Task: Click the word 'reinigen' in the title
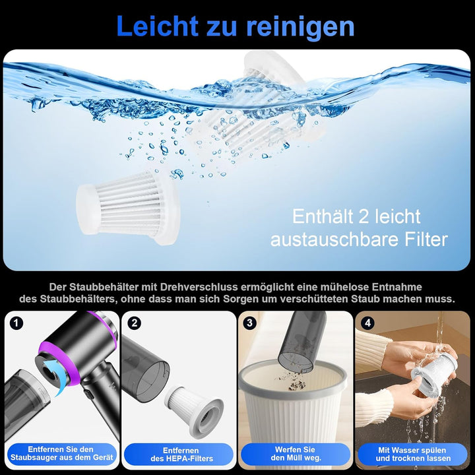(x=300, y=27)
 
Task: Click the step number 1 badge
(x=17, y=323)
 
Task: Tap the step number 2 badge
(x=135, y=323)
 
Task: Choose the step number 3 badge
(x=250, y=323)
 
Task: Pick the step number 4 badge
(x=367, y=323)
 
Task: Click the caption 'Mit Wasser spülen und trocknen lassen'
(x=414, y=454)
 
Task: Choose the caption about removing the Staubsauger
(x=61, y=454)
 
